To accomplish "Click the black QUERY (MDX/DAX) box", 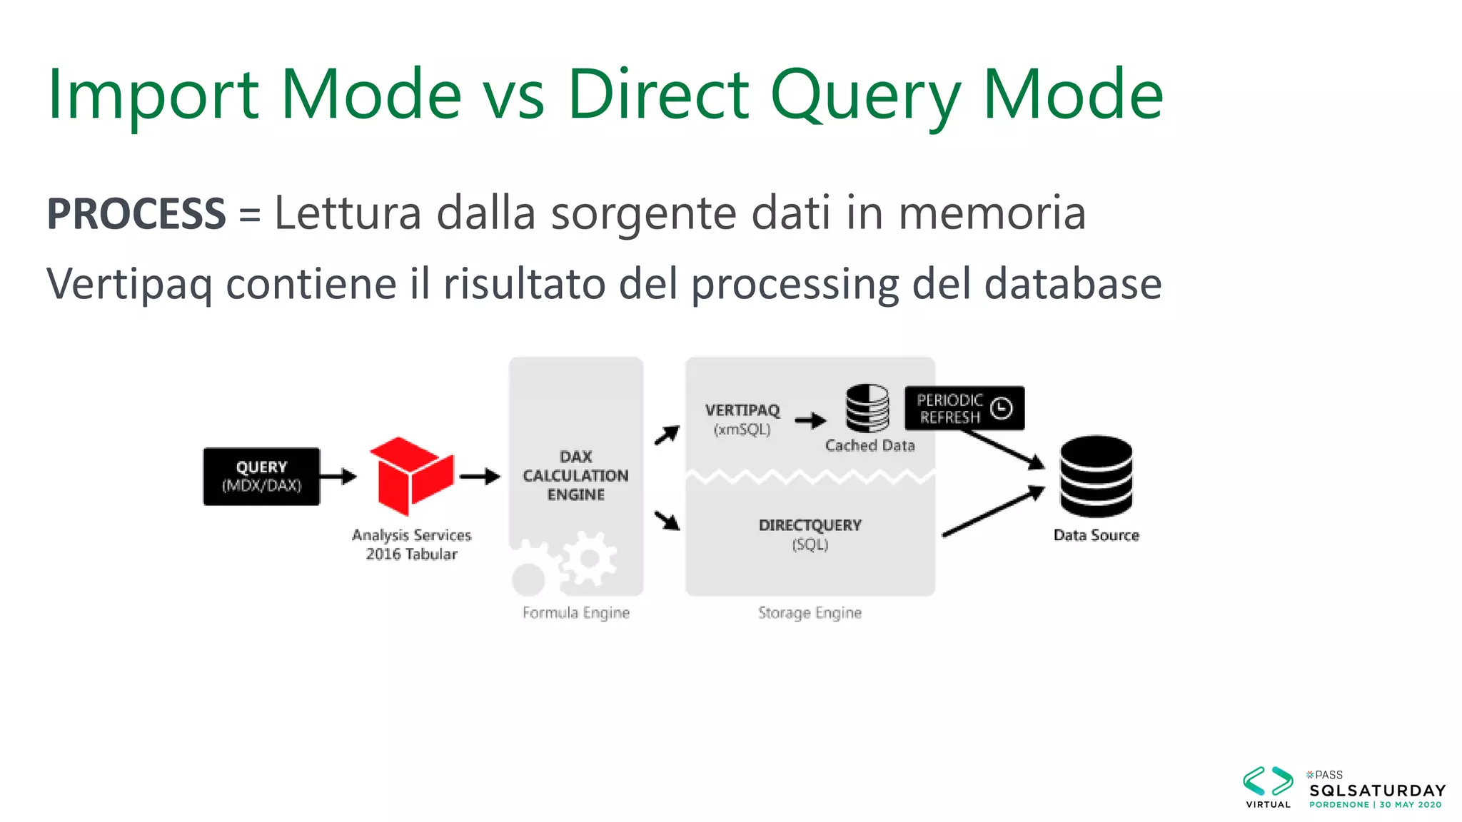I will pos(261,476).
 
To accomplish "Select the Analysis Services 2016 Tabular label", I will pos(411,544).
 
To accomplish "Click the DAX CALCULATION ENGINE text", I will pos(575,476).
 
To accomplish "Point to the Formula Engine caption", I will pos(575,613).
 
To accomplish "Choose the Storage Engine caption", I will pos(810,613).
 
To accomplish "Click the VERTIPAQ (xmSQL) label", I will pos(742,420).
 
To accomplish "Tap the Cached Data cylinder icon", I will pos(867,408).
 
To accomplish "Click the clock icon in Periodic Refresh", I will pos(1002,408).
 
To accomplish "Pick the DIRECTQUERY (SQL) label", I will pos(810,534).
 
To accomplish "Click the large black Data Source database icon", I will pos(1096,476).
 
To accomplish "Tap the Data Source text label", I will pos(1096,535).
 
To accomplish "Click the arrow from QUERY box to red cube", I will pos(338,476).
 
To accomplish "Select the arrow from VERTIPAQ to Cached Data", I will pos(810,420).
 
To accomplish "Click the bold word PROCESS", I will pos(136,213).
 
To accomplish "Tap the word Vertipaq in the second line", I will pos(129,284).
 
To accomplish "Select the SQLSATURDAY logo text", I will pos(1377,791).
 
